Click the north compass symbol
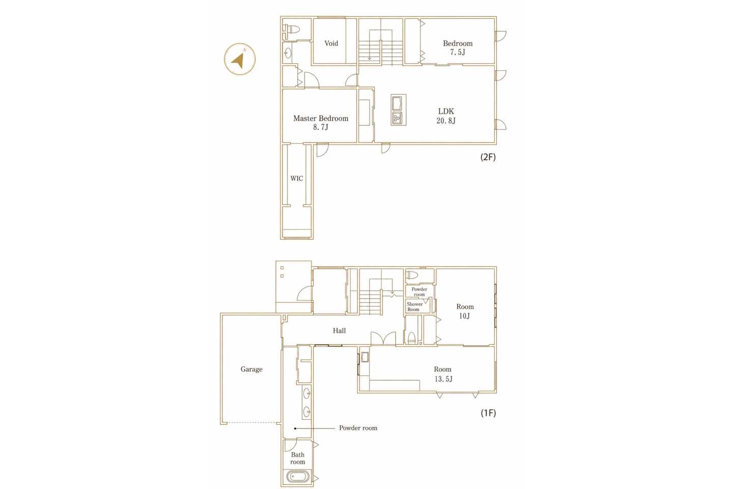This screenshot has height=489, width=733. (240, 59)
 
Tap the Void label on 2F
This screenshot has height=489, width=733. (331, 43)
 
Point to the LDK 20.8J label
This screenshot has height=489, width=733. (446, 116)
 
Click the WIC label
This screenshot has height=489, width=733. (296, 178)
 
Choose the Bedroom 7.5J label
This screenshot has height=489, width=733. (458, 47)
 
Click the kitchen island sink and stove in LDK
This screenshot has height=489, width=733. (398, 110)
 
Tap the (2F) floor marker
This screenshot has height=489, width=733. (488, 157)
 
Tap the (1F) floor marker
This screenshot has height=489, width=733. (488, 413)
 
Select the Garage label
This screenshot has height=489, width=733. (251, 369)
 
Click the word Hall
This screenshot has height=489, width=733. (340, 331)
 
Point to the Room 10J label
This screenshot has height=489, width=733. (465, 311)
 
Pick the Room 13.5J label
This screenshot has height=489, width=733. (443, 374)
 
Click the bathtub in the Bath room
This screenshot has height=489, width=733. (297, 476)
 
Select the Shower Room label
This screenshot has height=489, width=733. (414, 307)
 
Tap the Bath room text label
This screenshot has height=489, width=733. (297, 458)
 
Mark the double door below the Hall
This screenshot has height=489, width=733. (383, 338)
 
